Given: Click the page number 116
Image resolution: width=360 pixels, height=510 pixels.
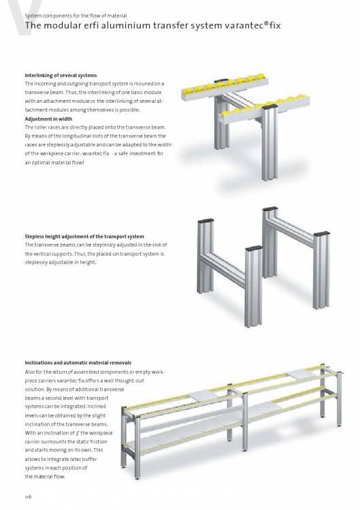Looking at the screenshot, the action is (29, 496).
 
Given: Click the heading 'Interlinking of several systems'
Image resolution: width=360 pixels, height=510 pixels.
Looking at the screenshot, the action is (61, 76).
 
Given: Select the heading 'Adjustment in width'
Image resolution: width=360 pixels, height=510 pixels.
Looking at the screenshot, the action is (48, 119).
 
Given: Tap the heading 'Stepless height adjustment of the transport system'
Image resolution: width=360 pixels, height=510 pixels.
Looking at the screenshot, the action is (84, 236).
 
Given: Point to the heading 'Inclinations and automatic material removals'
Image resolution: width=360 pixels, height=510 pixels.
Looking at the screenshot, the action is (78, 363).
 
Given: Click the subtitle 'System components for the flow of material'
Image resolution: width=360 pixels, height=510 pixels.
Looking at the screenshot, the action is (76, 16).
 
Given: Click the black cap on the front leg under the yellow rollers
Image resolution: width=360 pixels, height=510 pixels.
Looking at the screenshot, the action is (270, 107).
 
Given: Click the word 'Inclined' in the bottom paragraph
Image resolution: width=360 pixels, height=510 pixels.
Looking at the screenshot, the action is (97, 407).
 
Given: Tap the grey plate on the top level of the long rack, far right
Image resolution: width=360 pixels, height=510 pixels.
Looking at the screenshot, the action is (301, 374).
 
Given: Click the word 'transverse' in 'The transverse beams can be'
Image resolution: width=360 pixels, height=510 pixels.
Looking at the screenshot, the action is (46, 245).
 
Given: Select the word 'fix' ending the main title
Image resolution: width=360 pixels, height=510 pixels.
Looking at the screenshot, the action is (275, 25).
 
